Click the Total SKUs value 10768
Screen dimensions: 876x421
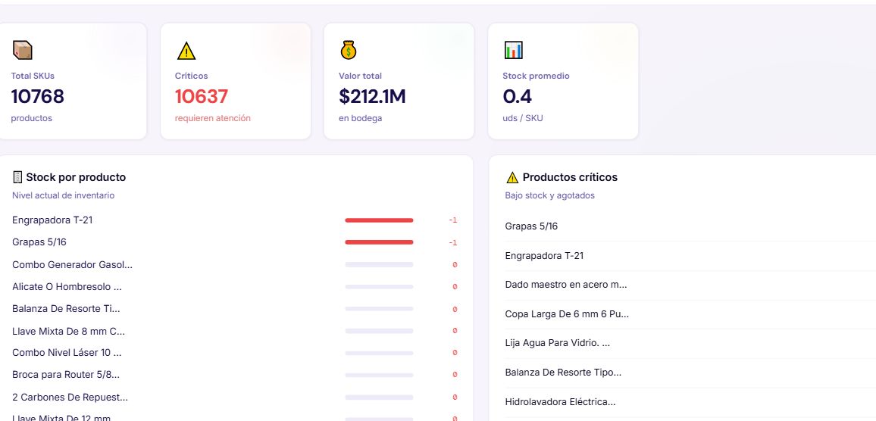(x=37, y=97)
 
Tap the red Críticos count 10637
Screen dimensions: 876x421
(x=201, y=97)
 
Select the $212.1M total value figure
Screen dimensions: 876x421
(x=372, y=97)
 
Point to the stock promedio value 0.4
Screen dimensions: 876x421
(x=518, y=97)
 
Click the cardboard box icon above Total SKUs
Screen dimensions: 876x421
(x=22, y=50)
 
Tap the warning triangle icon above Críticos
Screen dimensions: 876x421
(x=186, y=51)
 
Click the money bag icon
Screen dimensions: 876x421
(x=349, y=50)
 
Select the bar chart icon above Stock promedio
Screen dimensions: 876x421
(x=514, y=50)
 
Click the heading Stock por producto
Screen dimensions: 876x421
(x=76, y=177)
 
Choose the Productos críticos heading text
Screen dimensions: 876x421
(x=570, y=177)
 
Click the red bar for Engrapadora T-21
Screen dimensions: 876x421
(x=379, y=220)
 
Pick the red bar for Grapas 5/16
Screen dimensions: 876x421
(x=379, y=242)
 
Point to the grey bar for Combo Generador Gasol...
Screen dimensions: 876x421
(x=379, y=265)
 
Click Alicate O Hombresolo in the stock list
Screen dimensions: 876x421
(x=67, y=287)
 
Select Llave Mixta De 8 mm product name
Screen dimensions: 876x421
(x=69, y=331)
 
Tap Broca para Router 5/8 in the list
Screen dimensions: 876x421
(x=66, y=375)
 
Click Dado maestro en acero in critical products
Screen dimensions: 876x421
(x=566, y=285)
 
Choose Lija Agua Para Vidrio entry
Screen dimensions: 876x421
(x=558, y=343)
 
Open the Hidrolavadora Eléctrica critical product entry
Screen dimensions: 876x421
(x=560, y=401)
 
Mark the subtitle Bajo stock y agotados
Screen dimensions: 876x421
(x=549, y=195)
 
